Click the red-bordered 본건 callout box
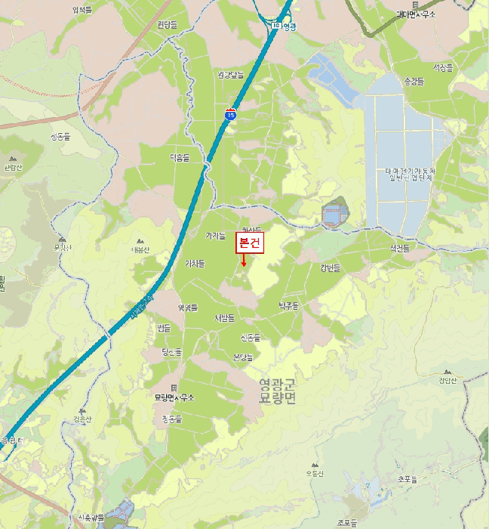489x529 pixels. pos(250,243)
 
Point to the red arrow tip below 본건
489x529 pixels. pos(244,264)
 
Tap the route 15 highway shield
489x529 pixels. pos(230,113)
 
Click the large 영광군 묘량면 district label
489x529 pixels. pos(278,391)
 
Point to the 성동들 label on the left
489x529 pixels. pos(60,137)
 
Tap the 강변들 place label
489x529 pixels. pos(330,268)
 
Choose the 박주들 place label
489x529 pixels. pos(288,305)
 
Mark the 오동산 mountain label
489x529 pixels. pos(315,473)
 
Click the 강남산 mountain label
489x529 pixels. pos(447,380)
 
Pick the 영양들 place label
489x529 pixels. pos(187,308)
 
